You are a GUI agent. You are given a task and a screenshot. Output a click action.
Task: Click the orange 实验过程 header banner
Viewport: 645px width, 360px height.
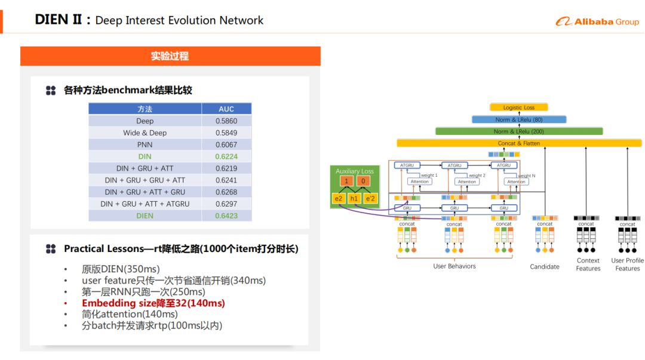[170, 56]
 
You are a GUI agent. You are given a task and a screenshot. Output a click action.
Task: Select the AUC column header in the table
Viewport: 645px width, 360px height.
[226, 109]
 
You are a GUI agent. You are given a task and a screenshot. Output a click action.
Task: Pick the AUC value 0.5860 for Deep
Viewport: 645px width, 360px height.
[226, 121]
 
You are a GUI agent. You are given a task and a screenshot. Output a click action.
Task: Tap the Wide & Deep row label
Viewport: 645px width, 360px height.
[145, 133]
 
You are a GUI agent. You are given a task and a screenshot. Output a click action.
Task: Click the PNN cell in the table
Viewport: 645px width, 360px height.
[145, 144]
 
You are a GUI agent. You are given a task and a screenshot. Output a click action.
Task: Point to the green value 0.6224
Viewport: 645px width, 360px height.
[226, 156]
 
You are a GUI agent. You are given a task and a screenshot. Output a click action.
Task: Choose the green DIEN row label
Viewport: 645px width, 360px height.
[145, 216]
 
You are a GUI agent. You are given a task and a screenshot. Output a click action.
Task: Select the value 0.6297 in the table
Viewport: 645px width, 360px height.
[226, 204]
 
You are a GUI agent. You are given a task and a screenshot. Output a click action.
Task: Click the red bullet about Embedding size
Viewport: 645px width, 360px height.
[153, 303]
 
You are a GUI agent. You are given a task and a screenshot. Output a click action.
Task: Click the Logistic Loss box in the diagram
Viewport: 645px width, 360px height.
[518, 107]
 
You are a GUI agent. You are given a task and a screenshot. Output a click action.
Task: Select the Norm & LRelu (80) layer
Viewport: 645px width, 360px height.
[518, 119]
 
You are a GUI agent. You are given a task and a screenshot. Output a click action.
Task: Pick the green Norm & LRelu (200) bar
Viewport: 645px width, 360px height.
[518, 131]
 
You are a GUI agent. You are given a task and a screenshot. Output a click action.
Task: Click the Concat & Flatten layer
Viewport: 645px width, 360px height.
[518, 143]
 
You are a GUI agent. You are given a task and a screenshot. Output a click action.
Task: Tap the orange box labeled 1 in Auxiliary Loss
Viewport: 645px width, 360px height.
[345, 181]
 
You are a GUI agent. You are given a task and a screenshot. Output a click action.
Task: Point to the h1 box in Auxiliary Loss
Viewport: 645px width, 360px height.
[354, 198]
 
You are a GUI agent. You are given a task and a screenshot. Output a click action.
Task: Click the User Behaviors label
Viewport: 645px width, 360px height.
[454, 266]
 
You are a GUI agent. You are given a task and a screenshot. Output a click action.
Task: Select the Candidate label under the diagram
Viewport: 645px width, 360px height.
[545, 267]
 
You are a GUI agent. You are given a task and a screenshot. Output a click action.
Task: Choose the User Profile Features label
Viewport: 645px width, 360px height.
[627, 264]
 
